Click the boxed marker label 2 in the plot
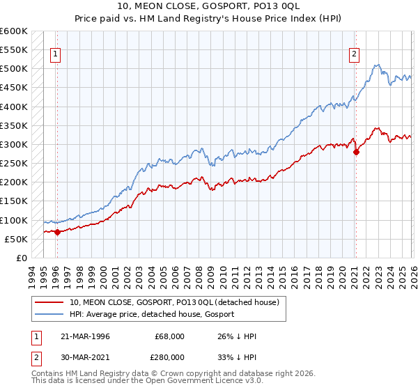(x=355, y=54)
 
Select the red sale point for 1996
(x=57, y=233)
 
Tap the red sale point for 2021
(x=356, y=152)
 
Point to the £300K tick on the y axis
(x=14, y=144)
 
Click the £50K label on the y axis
(x=16, y=239)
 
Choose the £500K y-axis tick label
(x=14, y=69)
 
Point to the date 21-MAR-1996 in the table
(x=87, y=336)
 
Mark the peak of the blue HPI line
(x=377, y=65)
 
